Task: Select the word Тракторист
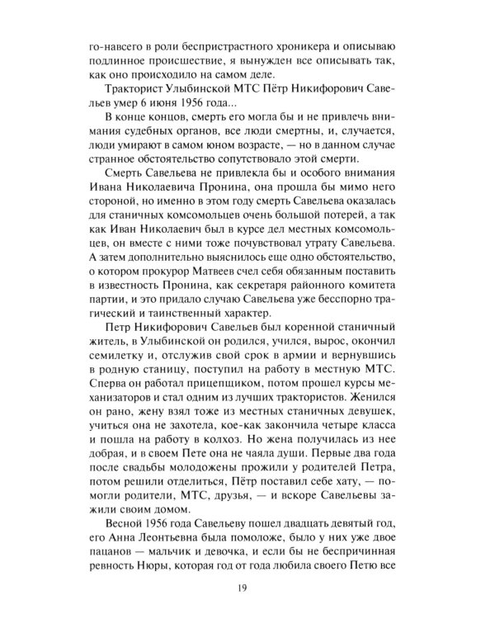point(136,88)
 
